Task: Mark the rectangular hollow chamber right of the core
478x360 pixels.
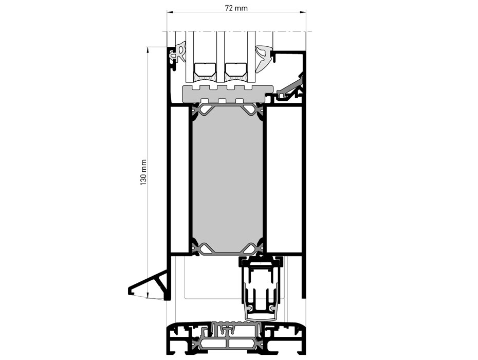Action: pyautogui.click(x=283, y=180)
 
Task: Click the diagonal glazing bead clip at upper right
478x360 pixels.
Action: pyautogui.click(x=290, y=88)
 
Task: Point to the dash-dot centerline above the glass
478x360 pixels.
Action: pyautogui.click(x=236, y=32)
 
